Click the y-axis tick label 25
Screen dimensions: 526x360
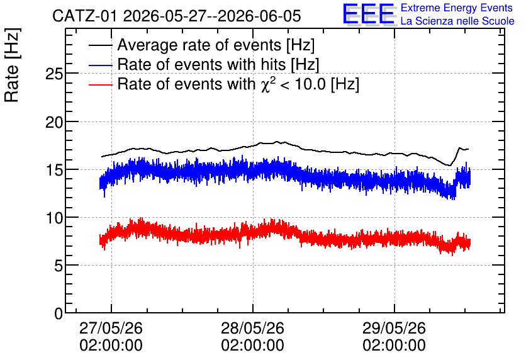pyautogui.click(x=54, y=74)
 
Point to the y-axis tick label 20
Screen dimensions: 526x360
pyautogui.click(x=54, y=122)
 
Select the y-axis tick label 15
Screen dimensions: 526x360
pyautogui.click(x=54, y=170)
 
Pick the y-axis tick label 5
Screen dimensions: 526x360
pyautogui.click(x=59, y=266)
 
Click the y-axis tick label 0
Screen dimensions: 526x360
pyautogui.click(x=59, y=313)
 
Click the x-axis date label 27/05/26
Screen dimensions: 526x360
pyautogui.click(x=111, y=328)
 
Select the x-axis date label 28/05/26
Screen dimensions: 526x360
pyautogui.click(x=252, y=328)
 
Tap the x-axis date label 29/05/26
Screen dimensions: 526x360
pyautogui.click(x=394, y=328)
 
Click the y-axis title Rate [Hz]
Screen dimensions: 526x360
pyautogui.click(x=12, y=65)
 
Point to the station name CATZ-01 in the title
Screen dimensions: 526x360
pyautogui.click(x=85, y=16)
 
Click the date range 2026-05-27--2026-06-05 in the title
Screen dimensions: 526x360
pyautogui.click(x=212, y=16)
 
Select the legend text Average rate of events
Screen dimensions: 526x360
pyautogui.click(x=199, y=45)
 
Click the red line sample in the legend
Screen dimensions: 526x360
pyautogui.click(x=101, y=85)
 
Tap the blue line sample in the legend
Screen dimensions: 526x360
pyautogui.click(x=101, y=65)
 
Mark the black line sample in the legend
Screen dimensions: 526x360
pyautogui.click(x=101, y=45)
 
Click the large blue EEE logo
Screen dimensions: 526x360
pyautogui.click(x=368, y=14)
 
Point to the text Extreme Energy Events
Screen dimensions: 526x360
pyautogui.click(x=457, y=8)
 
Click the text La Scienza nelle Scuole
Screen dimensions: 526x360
pyautogui.click(x=457, y=21)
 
